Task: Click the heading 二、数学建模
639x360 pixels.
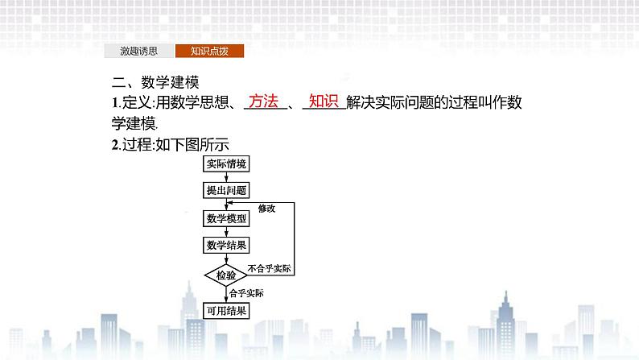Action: pos(155,82)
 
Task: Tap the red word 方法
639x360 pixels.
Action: pos(263,102)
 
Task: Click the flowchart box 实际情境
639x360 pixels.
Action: pos(226,165)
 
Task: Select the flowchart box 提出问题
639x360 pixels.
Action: pos(226,191)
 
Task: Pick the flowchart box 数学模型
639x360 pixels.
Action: pos(226,217)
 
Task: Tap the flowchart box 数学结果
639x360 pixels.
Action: pos(226,244)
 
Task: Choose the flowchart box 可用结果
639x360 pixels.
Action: pos(226,311)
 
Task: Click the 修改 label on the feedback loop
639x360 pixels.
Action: pos(266,208)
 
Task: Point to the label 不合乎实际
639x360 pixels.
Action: pos(270,268)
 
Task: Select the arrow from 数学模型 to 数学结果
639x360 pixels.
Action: pos(226,231)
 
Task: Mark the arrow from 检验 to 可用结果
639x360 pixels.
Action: pos(226,295)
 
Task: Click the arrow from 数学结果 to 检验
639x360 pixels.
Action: pos(226,257)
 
